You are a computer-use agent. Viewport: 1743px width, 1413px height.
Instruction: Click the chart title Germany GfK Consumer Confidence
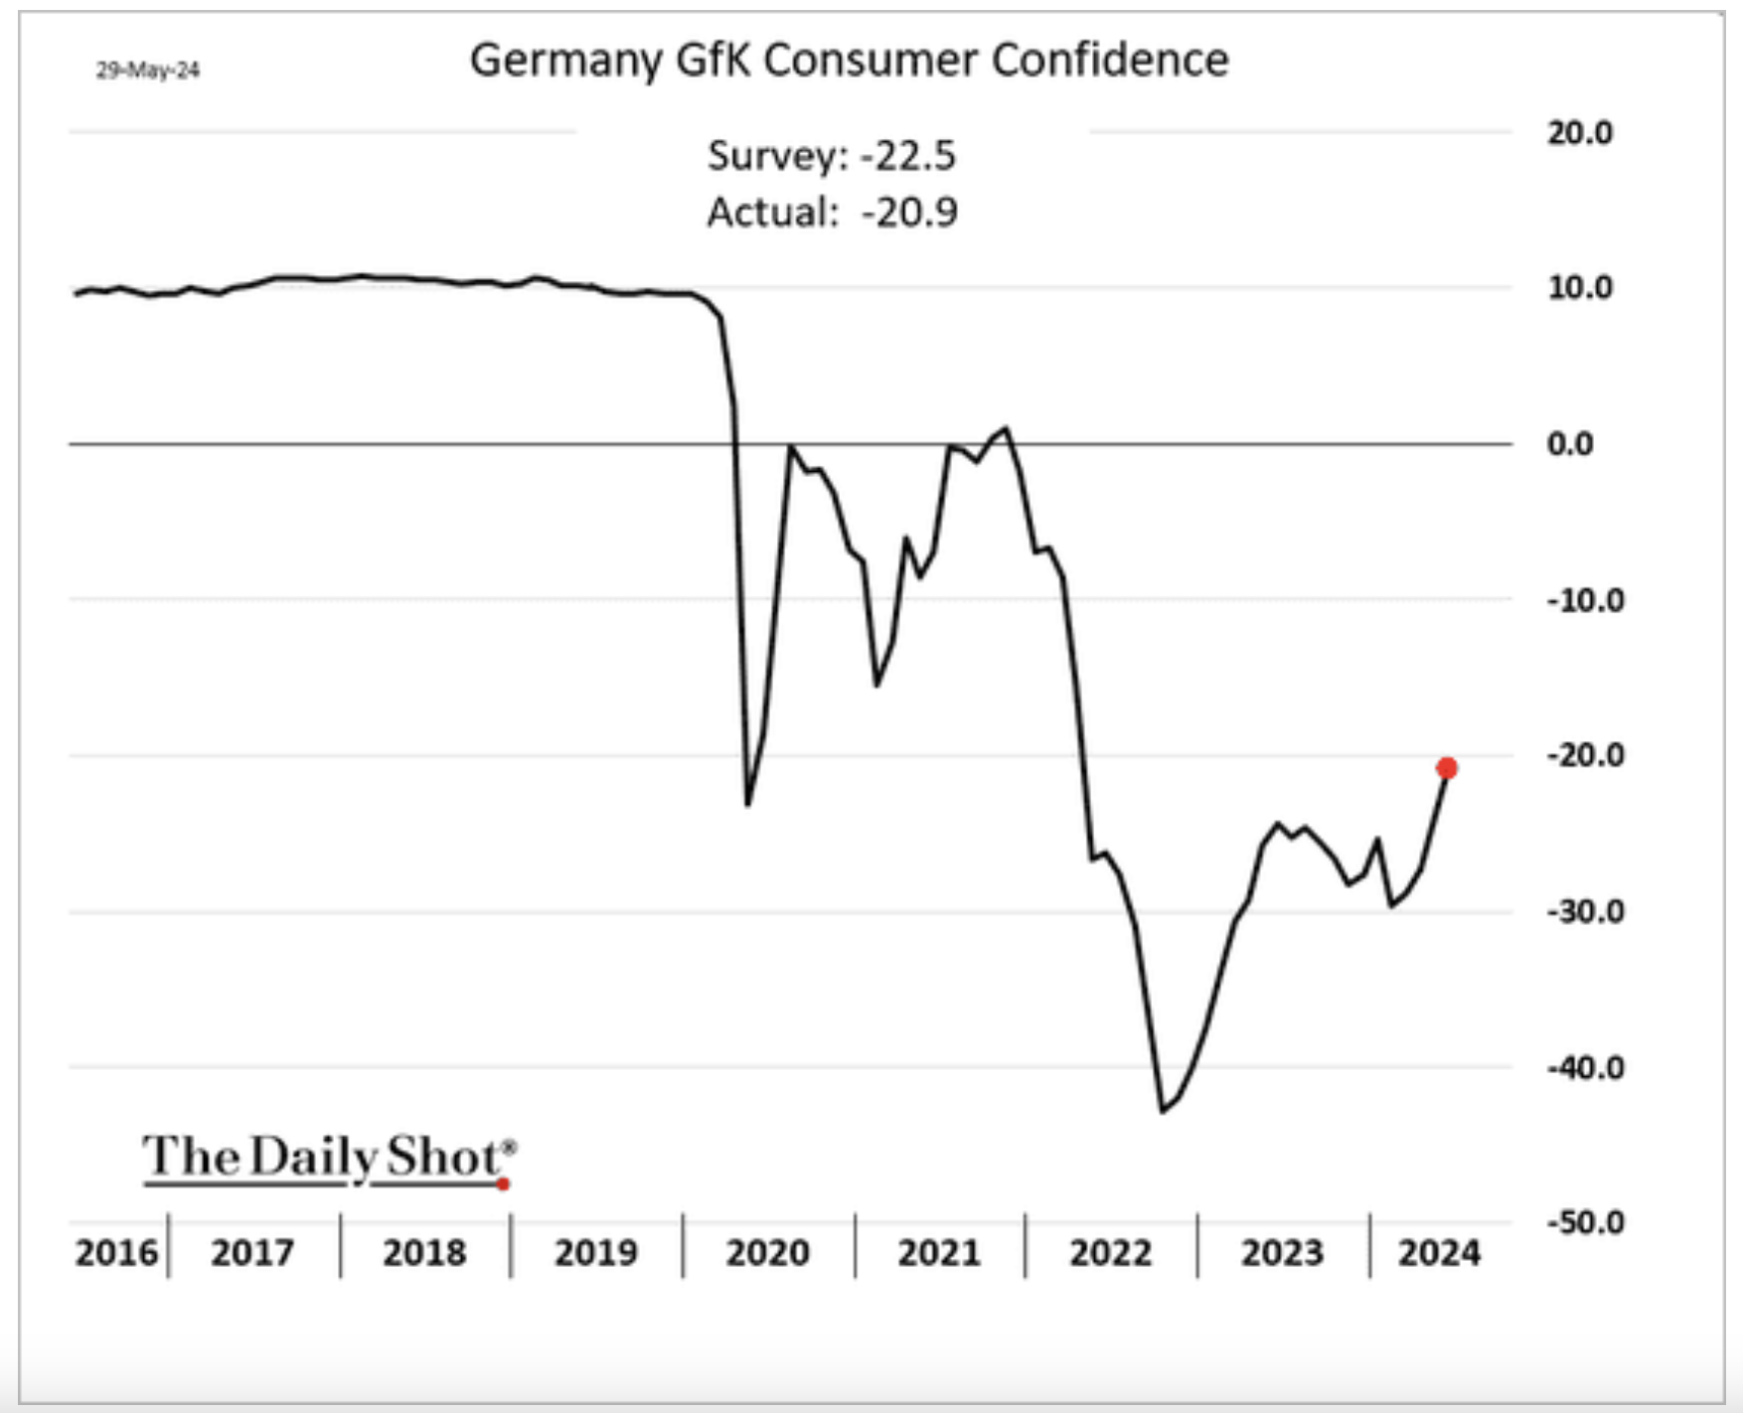(849, 60)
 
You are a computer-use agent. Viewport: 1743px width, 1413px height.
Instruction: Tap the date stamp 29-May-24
(148, 71)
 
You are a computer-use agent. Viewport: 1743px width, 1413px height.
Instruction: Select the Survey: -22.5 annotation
(831, 156)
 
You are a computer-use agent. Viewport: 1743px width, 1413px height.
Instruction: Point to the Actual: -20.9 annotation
(832, 213)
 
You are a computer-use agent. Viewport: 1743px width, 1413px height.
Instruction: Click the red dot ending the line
(1447, 768)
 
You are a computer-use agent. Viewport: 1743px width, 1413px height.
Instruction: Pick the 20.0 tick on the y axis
(1579, 132)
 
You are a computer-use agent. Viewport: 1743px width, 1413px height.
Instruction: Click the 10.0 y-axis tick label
(1579, 288)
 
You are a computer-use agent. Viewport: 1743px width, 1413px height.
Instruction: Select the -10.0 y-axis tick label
(1584, 600)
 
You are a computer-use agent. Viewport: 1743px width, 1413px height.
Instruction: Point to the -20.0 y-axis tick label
(1584, 756)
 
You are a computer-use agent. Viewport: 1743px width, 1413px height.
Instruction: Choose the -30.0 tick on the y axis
(1584, 911)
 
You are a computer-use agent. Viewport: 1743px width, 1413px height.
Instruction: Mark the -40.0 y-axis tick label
(1584, 1068)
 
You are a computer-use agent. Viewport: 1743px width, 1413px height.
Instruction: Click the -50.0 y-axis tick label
(1584, 1222)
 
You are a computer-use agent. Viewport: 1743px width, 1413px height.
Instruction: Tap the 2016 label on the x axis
(116, 1253)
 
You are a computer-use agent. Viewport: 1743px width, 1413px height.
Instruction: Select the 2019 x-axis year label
(596, 1253)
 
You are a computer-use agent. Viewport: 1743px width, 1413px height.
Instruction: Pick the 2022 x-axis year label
(1111, 1253)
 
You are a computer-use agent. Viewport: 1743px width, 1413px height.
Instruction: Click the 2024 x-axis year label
(1439, 1253)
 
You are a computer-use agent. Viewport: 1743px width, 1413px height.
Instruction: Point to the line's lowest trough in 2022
(1163, 1111)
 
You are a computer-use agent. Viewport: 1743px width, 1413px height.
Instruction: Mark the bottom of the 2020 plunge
(748, 804)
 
